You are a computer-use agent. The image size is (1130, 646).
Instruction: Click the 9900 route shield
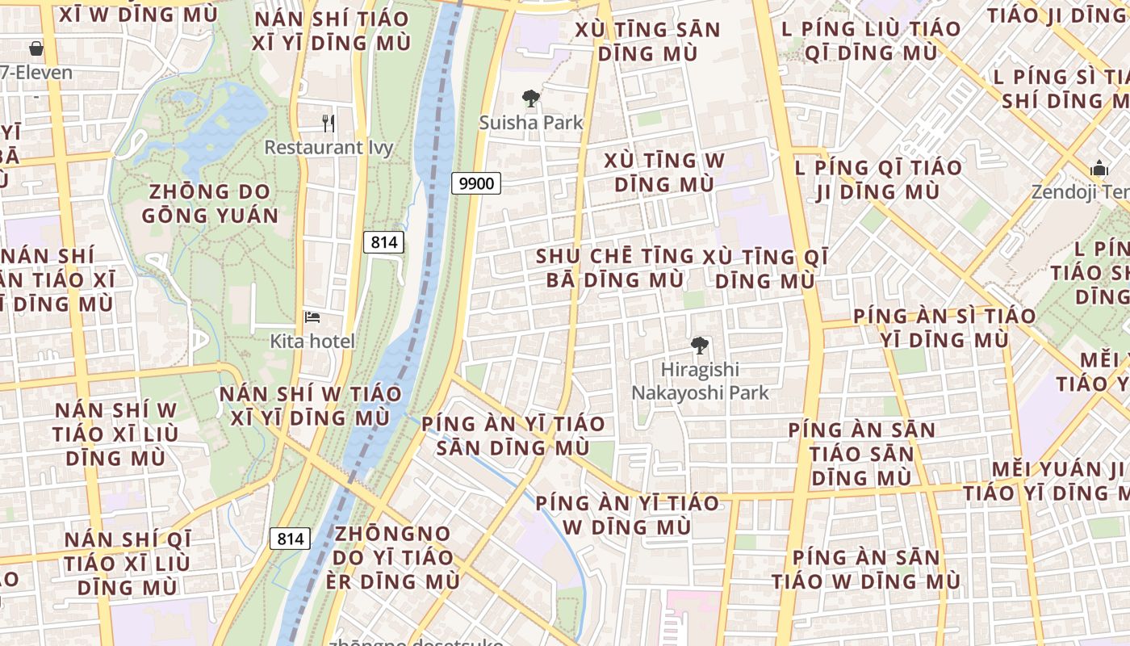pos(475,183)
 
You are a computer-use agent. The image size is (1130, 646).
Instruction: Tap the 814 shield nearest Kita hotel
pos(383,241)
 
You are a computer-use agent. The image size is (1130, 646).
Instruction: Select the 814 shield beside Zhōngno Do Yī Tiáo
pos(290,539)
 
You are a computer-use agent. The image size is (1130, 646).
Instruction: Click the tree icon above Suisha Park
pos(530,99)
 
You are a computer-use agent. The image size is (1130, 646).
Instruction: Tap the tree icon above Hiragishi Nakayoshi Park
pos(700,346)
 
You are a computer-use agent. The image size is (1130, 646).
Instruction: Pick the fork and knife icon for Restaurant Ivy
pos(329,124)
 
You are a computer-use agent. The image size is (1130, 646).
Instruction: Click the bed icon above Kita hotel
pos(312,317)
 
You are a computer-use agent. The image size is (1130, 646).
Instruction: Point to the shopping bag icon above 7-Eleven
pos(36,48)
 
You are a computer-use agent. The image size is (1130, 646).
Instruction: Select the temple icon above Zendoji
pos(1099,169)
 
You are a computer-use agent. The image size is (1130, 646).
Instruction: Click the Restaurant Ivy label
pos(329,148)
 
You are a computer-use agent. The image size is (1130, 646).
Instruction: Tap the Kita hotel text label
pos(312,341)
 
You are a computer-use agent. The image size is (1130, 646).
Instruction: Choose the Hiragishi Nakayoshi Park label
pos(700,381)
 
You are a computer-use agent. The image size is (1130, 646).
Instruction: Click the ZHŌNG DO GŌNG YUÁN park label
pos(210,203)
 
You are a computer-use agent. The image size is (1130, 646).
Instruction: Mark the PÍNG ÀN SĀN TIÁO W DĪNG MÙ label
pos(865,569)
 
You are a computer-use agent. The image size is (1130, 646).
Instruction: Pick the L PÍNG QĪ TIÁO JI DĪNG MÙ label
pos(878,180)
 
